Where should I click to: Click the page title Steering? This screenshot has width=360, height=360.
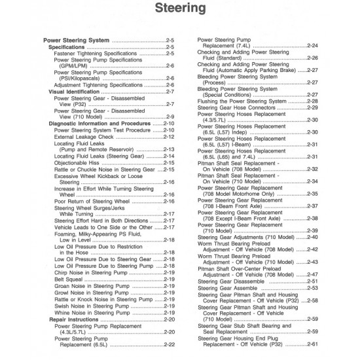coord(179,9)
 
